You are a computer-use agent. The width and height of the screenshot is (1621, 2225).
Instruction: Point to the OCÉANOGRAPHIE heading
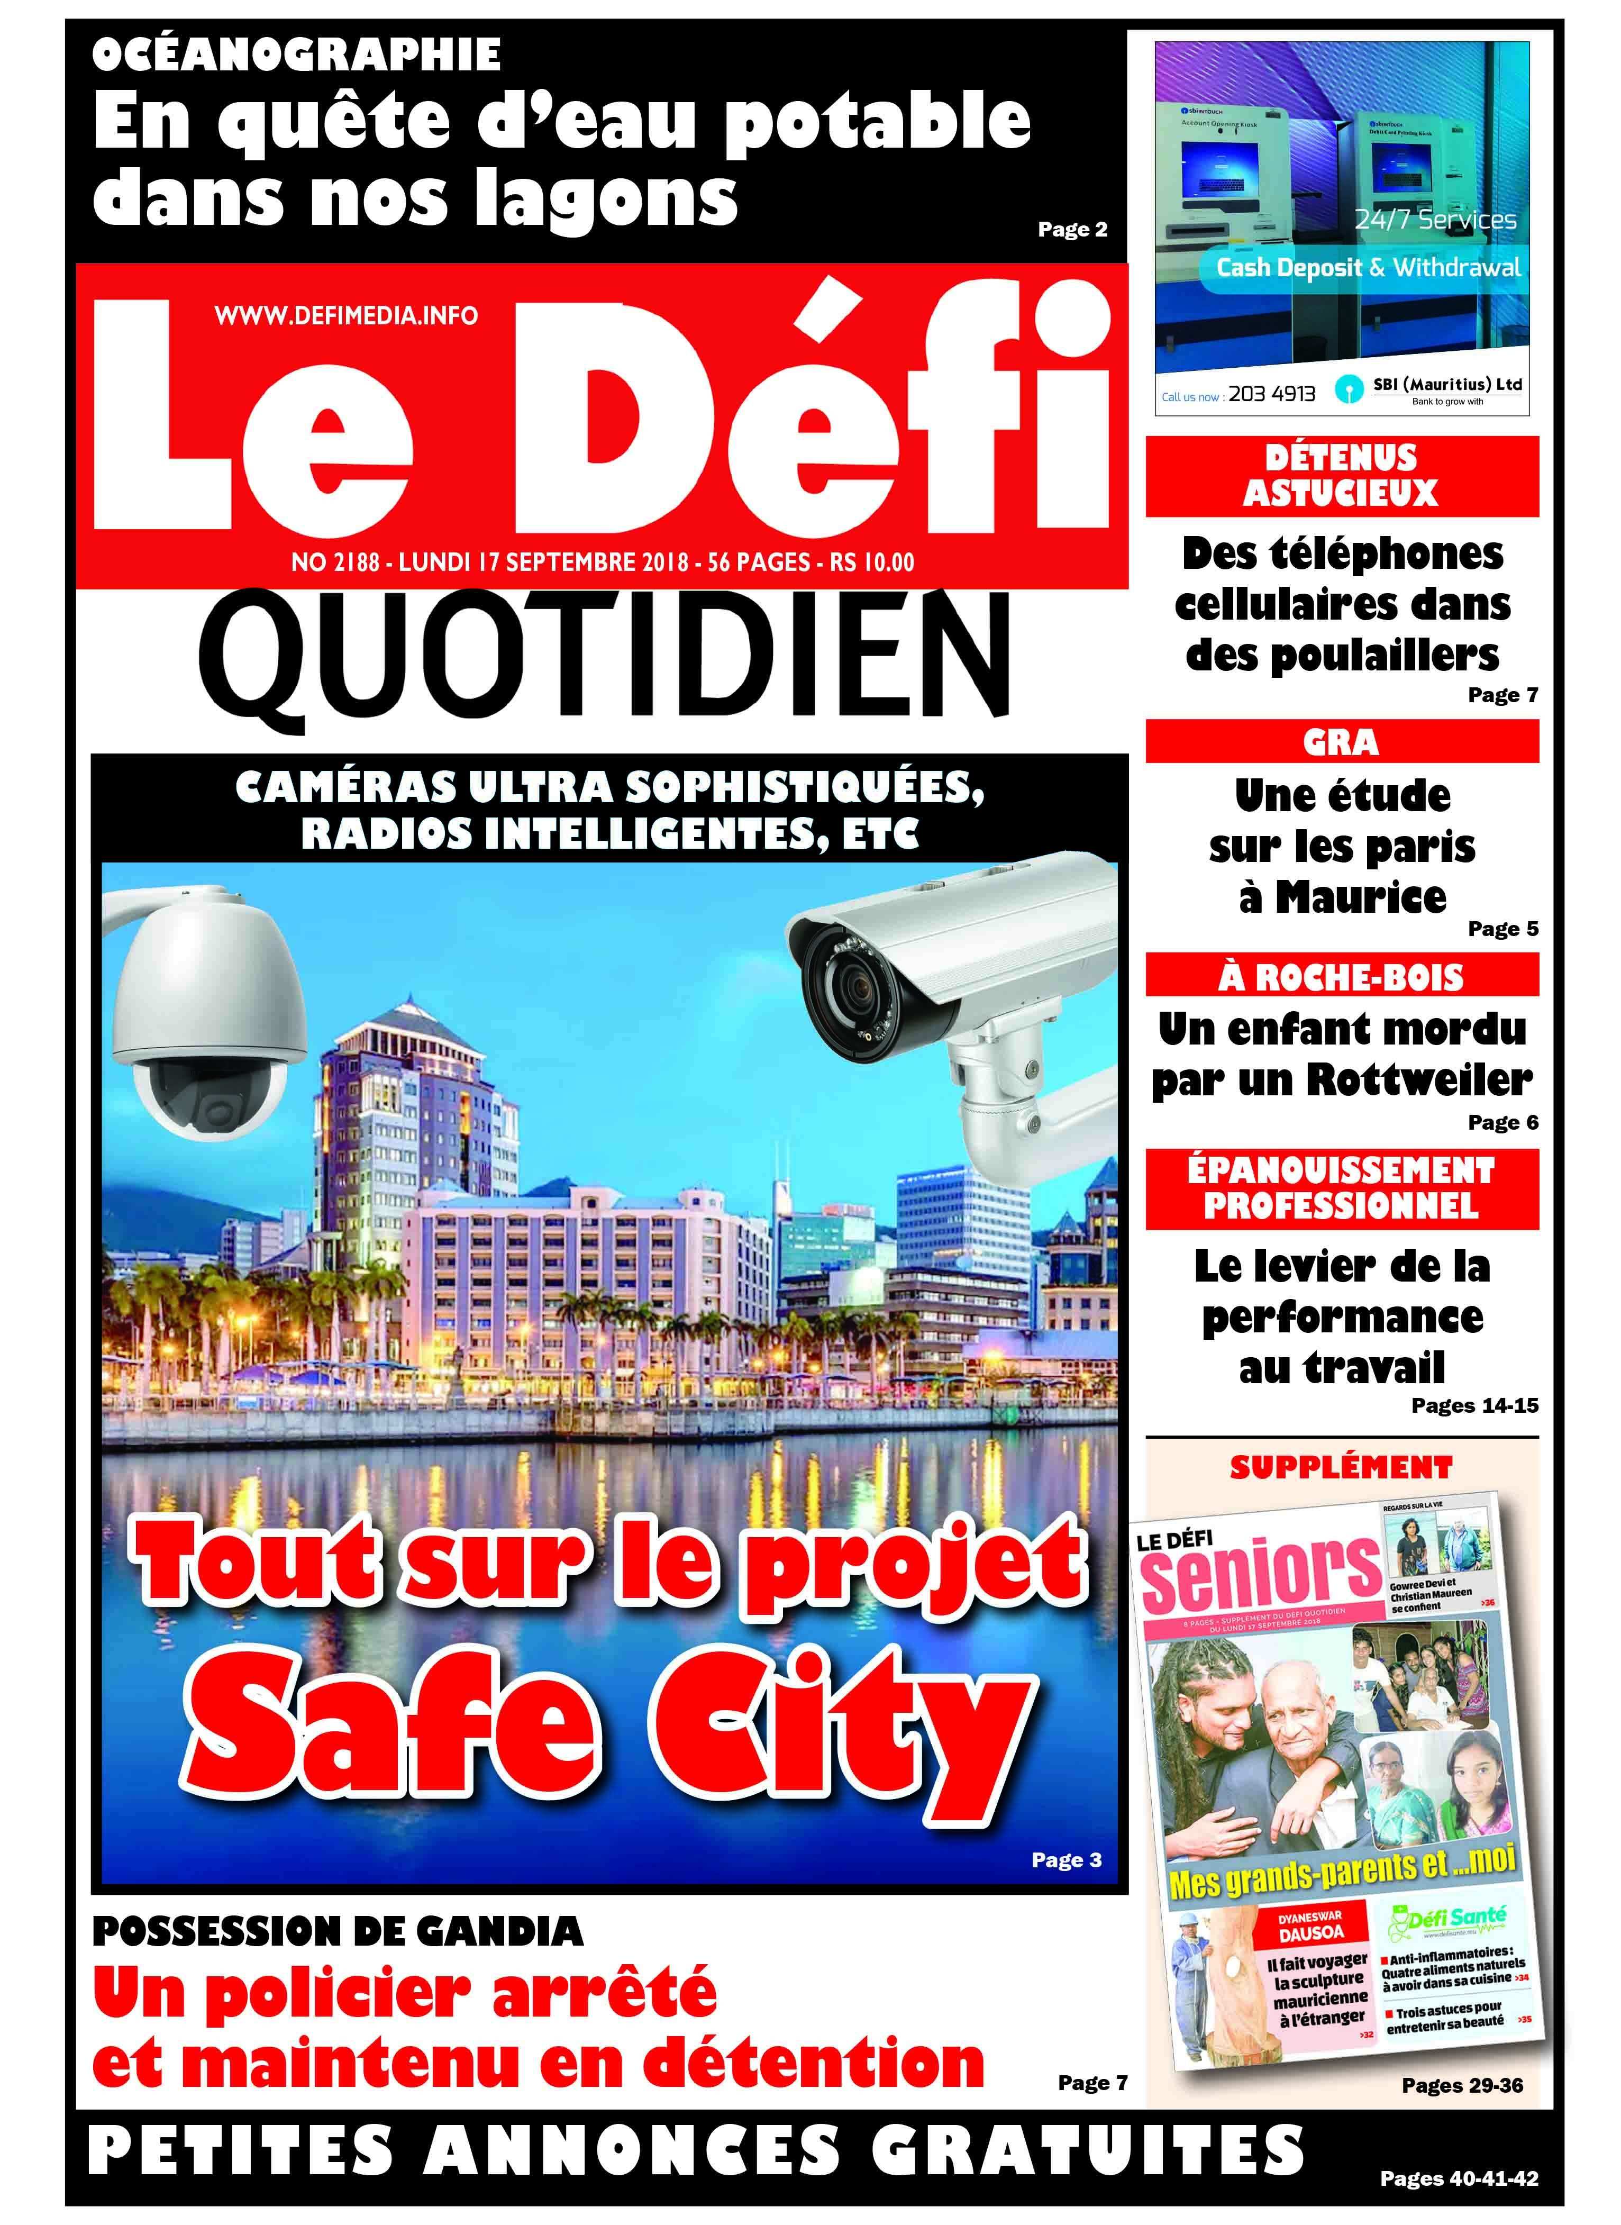point(296,55)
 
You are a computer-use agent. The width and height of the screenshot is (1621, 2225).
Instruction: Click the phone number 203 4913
point(1272,394)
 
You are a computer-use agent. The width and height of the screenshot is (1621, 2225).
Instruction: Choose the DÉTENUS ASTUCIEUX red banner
point(1341,476)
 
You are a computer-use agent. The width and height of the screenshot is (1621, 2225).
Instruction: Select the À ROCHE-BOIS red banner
point(1341,977)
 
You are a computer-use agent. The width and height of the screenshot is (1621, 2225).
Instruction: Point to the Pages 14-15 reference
point(1474,1405)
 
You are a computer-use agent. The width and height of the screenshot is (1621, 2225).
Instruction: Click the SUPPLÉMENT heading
point(1341,1468)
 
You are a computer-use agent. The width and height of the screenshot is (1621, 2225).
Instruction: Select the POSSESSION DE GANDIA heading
point(338,1931)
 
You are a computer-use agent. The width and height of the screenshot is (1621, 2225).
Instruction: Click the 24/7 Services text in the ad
point(1435,220)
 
